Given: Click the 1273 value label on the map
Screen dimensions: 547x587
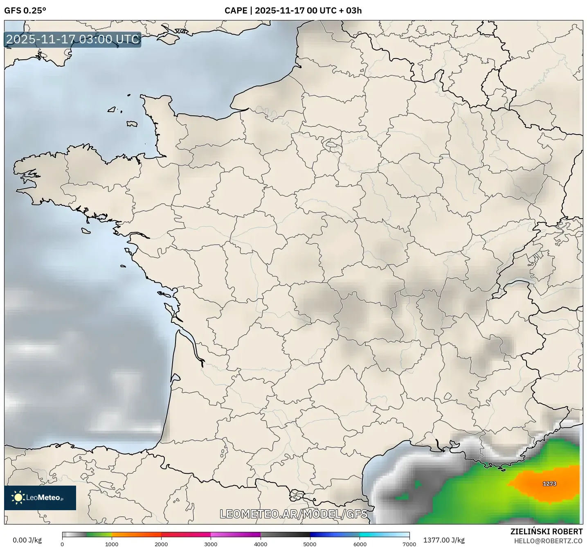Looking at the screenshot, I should pyautogui.click(x=549, y=484).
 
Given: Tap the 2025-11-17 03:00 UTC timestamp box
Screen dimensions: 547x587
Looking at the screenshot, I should pyautogui.click(x=73, y=39).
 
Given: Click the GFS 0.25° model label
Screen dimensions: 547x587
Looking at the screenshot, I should pyautogui.click(x=25, y=11).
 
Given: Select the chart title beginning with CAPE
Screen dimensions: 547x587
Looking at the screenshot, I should pyautogui.click(x=293, y=11).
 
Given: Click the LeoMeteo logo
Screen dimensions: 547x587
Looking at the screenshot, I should pyautogui.click(x=40, y=497).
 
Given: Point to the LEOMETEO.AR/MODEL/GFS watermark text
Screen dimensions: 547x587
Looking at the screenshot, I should pyautogui.click(x=293, y=514).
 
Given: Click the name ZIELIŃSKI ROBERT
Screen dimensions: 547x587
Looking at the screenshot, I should pyautogui.click(x=547, y=531).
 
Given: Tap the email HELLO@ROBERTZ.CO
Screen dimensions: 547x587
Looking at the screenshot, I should pyautogui.click(x=548, y=541).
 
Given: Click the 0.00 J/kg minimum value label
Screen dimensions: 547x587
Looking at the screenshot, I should pyautogui.click(x=27, y=540).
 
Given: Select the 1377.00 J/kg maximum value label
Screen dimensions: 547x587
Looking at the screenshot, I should pyautogui.click(x=444, y=540).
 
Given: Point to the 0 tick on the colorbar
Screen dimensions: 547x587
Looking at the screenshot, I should pyautogui.click(x=62, y=544).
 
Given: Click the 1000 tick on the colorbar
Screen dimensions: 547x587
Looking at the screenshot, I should pyautogui.click(x=112, y=544).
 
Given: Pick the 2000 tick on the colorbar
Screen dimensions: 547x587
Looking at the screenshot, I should pyautogui.click(x=161, y=544).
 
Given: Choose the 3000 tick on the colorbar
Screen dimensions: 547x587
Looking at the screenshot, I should pyautogui.click(x=211, y=544).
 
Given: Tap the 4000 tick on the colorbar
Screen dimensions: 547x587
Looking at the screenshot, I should pyautogui.click(x=261, y=544).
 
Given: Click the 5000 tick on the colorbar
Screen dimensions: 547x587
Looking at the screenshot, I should pyautogui.click(x=310, y=544).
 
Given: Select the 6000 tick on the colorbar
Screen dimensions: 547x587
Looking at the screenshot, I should pyautogui.click(x=360, y=544).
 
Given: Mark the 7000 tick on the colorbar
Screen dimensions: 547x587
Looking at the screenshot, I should pyautogui.click(x=409, y=544).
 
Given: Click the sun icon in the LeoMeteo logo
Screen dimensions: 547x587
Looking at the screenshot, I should pyautogui.click(x=18, y=497).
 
